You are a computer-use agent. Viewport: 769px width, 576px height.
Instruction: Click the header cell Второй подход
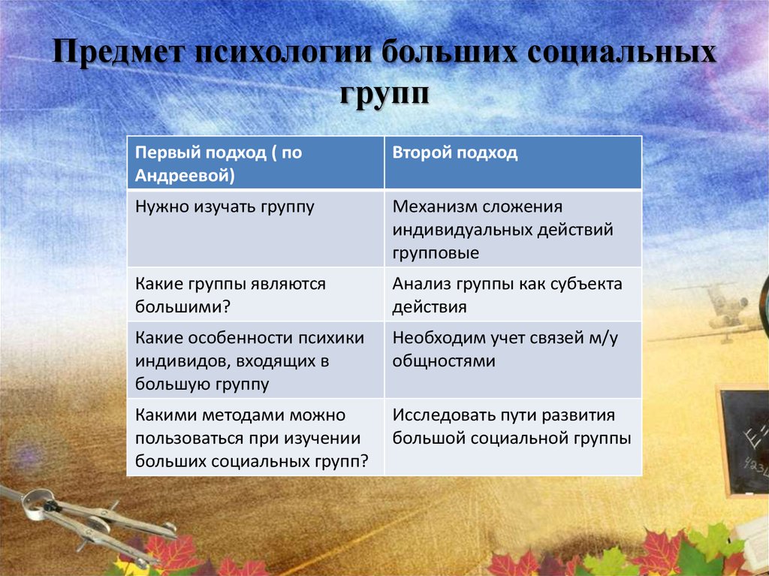[x=513, y=162]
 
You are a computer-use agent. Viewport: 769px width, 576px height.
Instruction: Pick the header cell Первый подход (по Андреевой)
[x=255, y=162]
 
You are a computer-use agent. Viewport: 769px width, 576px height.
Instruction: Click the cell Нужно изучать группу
[x=255, y=228]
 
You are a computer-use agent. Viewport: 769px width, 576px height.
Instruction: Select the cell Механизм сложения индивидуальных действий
[x=513, y=228]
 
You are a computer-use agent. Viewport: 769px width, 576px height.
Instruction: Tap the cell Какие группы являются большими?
[x=255, y=294]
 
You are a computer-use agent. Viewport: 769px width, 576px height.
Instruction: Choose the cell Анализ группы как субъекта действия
[x=513, y=294]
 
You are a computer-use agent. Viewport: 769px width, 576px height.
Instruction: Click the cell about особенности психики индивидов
[x=255, y=360]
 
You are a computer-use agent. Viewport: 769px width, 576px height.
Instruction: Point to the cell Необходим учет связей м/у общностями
[x=513, y=360]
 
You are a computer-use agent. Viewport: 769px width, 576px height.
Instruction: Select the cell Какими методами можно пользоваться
[x=255, y=436]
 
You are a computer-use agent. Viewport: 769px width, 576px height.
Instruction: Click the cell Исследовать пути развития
[x=513, y=436]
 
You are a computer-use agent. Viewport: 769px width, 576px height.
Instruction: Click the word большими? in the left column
[x=182, y=306]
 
